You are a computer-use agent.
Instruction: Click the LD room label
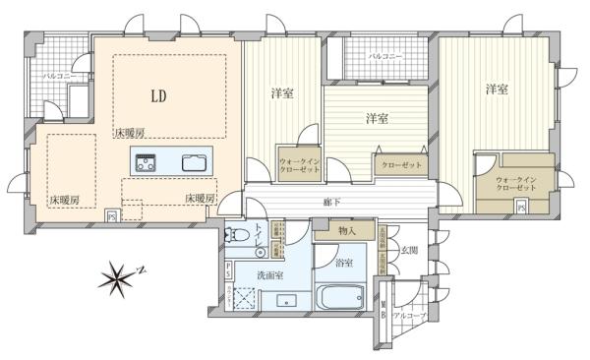coord(157,96)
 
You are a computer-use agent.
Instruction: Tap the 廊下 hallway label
coord(333,203)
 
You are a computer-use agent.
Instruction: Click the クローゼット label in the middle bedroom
coord(400,165)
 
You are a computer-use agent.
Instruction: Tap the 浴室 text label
coord(343,264)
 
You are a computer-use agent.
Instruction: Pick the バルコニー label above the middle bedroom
coord(384,58)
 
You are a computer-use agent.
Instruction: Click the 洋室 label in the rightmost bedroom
coord(497,90)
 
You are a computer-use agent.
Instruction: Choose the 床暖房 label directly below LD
coord(129,132)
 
